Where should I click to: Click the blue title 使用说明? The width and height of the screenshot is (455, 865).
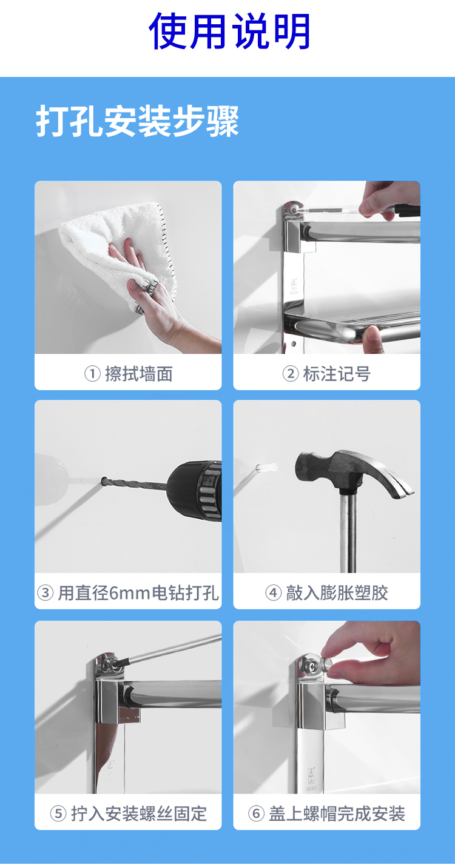pos(229,31)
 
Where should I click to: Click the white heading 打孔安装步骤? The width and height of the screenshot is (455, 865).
pos(137,121)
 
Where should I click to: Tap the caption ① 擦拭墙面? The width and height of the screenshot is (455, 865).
pos(129,374)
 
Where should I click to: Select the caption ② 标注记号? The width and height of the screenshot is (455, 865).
pos(326,374)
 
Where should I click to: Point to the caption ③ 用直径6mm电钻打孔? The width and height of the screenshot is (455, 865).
pos(128,593)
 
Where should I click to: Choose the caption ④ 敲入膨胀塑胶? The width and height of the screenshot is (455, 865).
pos(326,593)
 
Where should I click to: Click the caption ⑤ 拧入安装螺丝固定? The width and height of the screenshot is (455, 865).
pos(129,814)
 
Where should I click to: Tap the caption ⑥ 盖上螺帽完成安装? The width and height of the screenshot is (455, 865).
pos(326,814)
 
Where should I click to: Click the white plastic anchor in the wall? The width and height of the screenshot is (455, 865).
pos(266,467)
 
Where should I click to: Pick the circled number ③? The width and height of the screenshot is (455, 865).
pos(45,593)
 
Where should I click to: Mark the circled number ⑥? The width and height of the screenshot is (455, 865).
pos(256,814)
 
